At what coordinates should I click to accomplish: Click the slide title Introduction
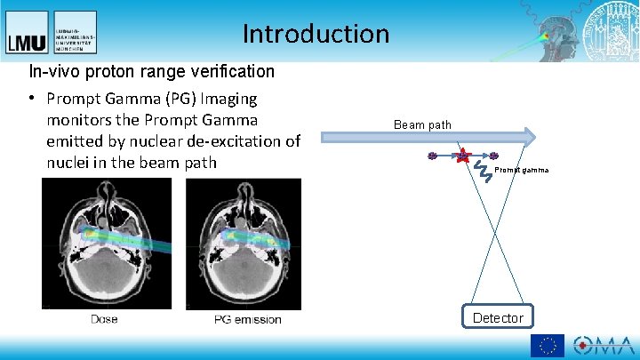(316, 34)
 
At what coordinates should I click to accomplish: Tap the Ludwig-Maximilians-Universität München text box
(75, 32)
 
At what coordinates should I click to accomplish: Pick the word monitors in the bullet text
(81, 120)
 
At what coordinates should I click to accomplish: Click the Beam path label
(422, 124)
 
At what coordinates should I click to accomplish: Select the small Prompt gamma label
(522, 170)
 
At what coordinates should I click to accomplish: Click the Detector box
(498, 317)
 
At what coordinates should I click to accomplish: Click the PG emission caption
(248, 319)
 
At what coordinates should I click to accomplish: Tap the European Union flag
(547, 346)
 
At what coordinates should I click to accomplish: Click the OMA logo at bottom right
(603, 346)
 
